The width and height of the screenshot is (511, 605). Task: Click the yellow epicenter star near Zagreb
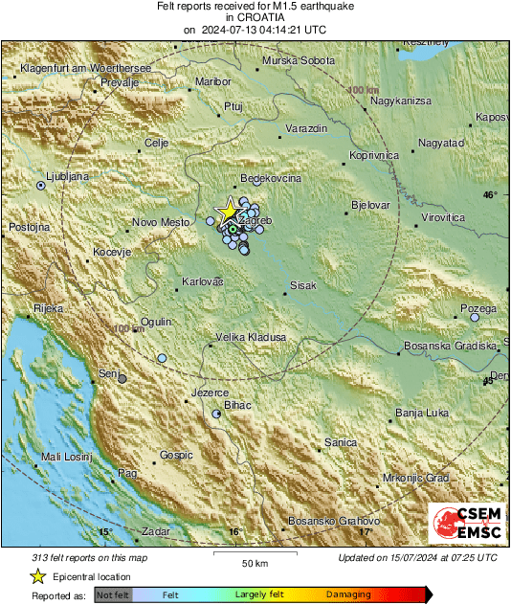pyautogui.click(x=228, y=212)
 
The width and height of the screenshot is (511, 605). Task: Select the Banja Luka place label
pyautogui.click(x=421, y=414)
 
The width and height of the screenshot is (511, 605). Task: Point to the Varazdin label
pyautogui.click(x=307, y=128)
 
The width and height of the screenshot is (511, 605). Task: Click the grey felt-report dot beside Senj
pyautogui.click(x=122, y=379)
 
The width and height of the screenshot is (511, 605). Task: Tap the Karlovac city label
pyautogui.click(x=202, y=282)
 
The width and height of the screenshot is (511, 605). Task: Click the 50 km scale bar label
pyautogui.click(x=254, y=561)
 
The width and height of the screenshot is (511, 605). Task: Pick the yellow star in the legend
pyautogui.click(x=37, y=576)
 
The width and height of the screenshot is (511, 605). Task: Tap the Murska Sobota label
pyautogui.click(x=292, y=61)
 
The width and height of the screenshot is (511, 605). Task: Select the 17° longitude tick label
pyautogui.click(x=365, y=531)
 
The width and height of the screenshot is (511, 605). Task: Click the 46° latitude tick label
pyautogui.click(x=490, y=195)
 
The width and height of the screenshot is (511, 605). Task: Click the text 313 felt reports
pyautogui.click(x=64, y=557)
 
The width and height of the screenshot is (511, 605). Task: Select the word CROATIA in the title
pyautogui.click(x=255, y=17)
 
